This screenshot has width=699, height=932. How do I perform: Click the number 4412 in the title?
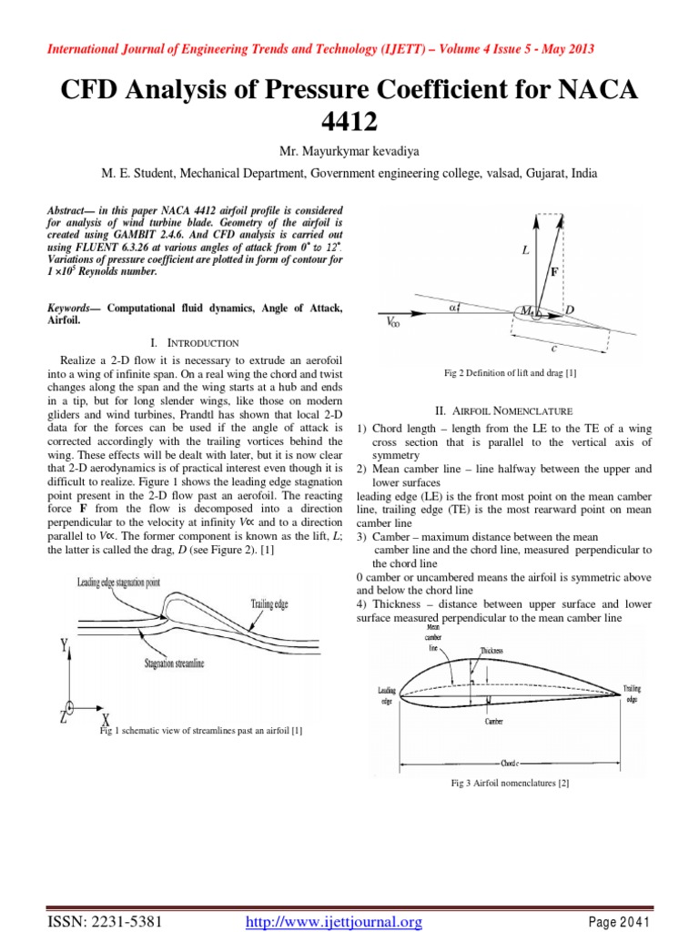coord(349,122)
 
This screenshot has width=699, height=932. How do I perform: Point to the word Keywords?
coord(74,309)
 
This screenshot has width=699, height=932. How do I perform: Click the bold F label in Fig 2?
coord(554,270)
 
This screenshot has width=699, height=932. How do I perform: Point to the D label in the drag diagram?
coord(570,311)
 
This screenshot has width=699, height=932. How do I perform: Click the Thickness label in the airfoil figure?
coord(492,652)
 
